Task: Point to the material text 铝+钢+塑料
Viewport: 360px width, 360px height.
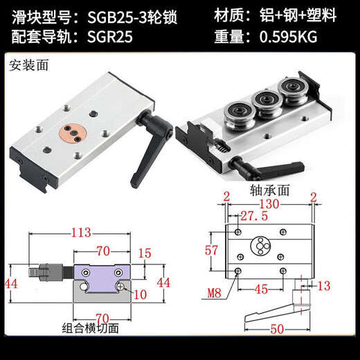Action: click(x=301, y=15)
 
